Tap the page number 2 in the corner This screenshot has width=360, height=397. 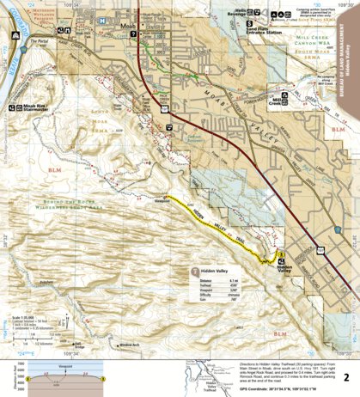(345, 353)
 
